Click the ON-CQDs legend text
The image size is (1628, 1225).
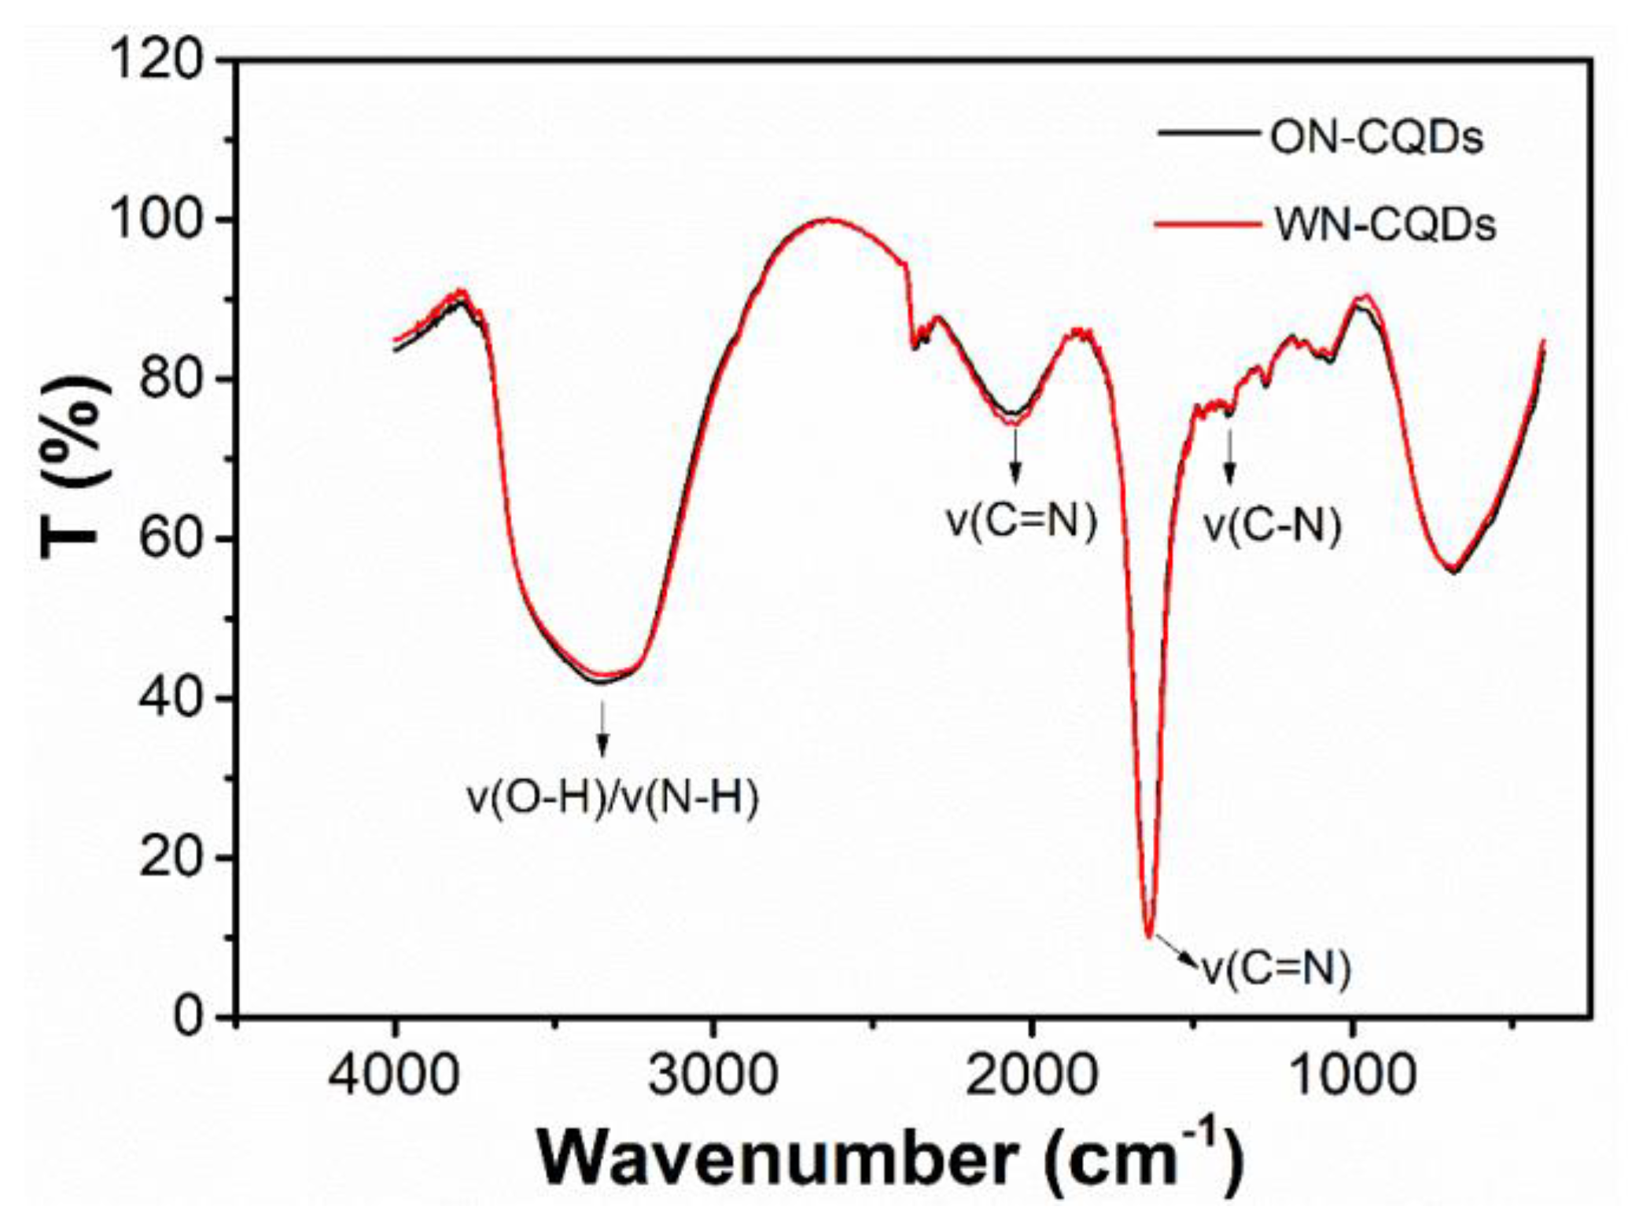1376,138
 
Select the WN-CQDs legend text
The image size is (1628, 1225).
1384,226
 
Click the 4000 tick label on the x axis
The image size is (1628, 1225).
393,1074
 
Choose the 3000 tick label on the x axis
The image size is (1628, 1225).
713,1074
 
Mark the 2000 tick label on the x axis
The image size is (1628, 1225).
1031,1074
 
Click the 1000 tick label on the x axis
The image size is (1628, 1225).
1351,1074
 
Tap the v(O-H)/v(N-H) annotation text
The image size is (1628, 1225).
613,799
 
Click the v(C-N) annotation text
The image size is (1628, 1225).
1273,524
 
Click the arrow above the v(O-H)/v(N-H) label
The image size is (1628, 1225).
602,728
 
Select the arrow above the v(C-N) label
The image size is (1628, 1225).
1229,456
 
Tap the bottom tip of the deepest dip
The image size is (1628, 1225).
1150,936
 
